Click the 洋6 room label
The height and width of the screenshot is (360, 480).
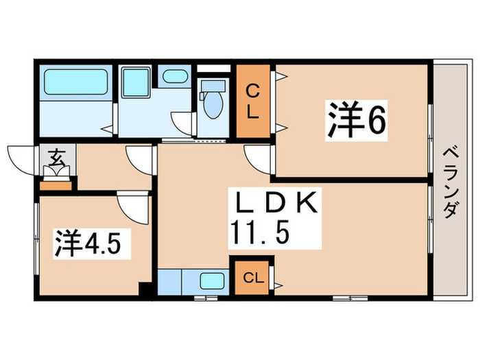click(x=357, y=121)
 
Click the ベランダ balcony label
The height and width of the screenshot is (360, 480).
click(x=449, y=182)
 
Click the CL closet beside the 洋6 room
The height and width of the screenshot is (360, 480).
click(x=253, y=101)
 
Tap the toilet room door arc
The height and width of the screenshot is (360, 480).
click(x=184, y=125)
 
